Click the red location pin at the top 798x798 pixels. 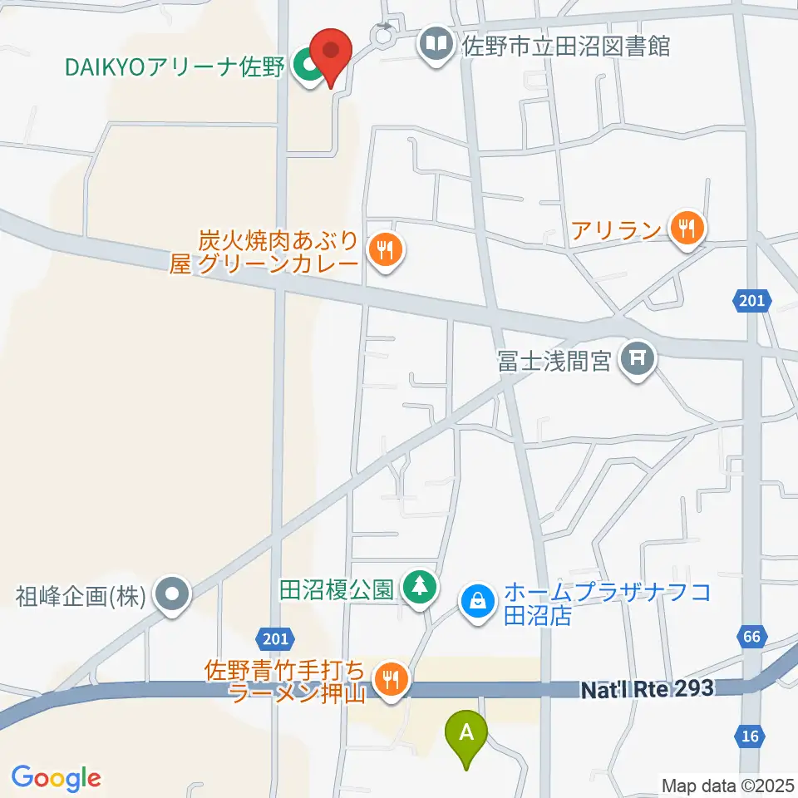coord(331,52)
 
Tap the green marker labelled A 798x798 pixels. coord(467,735)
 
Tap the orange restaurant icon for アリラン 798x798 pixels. coord(686,226)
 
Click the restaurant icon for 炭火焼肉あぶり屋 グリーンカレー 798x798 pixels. coord(383,249)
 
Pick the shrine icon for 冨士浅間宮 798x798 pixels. coord(638,359)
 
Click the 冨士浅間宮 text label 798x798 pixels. coord(555,361)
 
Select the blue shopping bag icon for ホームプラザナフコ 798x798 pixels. coord(478,598)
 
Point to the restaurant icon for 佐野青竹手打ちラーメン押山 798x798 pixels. coord(389,679)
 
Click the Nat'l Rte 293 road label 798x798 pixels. coord(646,688)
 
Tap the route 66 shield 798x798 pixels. coord(750,638)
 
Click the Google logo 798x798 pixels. coord(56,777)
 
